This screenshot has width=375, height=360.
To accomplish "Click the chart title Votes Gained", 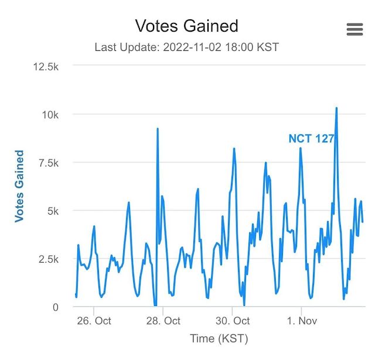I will (x=186, y=26).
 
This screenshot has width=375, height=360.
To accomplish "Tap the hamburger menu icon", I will (x=354, y=29).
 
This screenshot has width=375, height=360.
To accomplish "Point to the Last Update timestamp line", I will (x=186, y=47).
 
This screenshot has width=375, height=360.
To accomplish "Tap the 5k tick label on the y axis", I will (x=54, y=210).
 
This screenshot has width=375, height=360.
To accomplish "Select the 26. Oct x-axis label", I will (x=94, y=321).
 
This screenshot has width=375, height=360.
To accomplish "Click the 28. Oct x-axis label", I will (x=163, y=321).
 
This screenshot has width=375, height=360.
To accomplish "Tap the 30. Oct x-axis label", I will (x=233, y=321).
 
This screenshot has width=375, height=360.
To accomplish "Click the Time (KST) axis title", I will (x=219, y=339).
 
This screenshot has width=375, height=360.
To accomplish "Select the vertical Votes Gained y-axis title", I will (x=19, y=186).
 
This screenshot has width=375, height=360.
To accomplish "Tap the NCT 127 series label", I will (x=311, y=139).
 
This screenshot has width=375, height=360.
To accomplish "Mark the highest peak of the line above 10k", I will (x=336, y=108).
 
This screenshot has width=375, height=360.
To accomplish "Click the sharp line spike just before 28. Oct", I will (x=158, y=129).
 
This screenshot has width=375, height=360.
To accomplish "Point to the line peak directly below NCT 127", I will (x=301, y=148).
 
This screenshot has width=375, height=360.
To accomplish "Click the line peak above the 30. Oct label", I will (x=234, y=149).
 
